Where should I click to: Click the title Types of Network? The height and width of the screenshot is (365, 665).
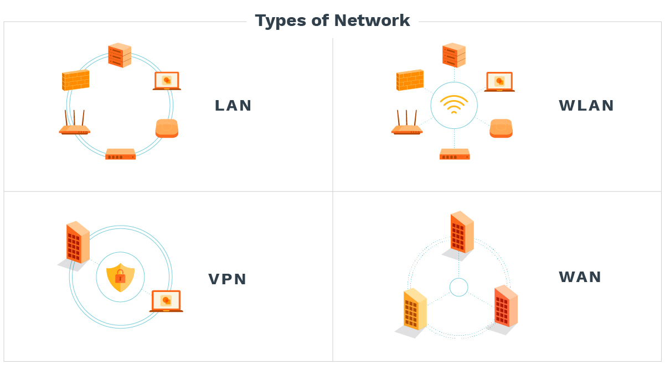[x=332, y=21]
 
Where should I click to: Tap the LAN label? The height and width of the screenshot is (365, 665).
[x=233, y=106]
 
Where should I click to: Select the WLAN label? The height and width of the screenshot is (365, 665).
[x=586, y=106]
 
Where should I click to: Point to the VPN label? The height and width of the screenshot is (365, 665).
[x=227, y=279]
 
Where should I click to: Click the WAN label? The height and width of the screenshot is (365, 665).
[x=580, y=277]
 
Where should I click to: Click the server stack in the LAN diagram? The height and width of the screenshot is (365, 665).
[x=120, y=55]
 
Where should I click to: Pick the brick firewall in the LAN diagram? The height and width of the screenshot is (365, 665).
[x=75, y=80]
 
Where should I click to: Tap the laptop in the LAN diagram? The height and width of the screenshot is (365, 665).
[x=167, y=81]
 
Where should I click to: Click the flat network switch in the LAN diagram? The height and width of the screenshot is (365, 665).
[x=120, y=154]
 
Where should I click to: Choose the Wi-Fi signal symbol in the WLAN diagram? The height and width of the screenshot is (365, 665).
[x=454, y=105]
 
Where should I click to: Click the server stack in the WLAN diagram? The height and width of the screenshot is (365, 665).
[x=454, y=55]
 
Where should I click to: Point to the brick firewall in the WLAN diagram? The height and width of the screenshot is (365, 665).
[x=410, y=80]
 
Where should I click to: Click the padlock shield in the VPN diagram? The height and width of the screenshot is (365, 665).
[x=120, y=277]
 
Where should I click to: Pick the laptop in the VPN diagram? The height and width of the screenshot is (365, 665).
[x=166, y=301]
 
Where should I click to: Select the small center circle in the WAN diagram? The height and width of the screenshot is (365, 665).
[x=458, y=287]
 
